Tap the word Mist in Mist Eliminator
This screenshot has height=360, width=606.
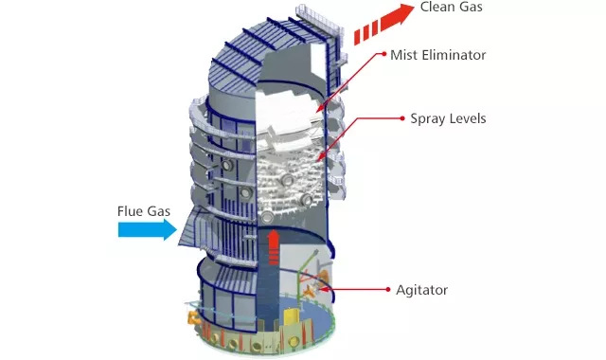[x=403, y=55]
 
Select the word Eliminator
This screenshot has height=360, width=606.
[x=454, y=55]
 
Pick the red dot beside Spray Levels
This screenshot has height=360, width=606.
[x=401, y=119]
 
